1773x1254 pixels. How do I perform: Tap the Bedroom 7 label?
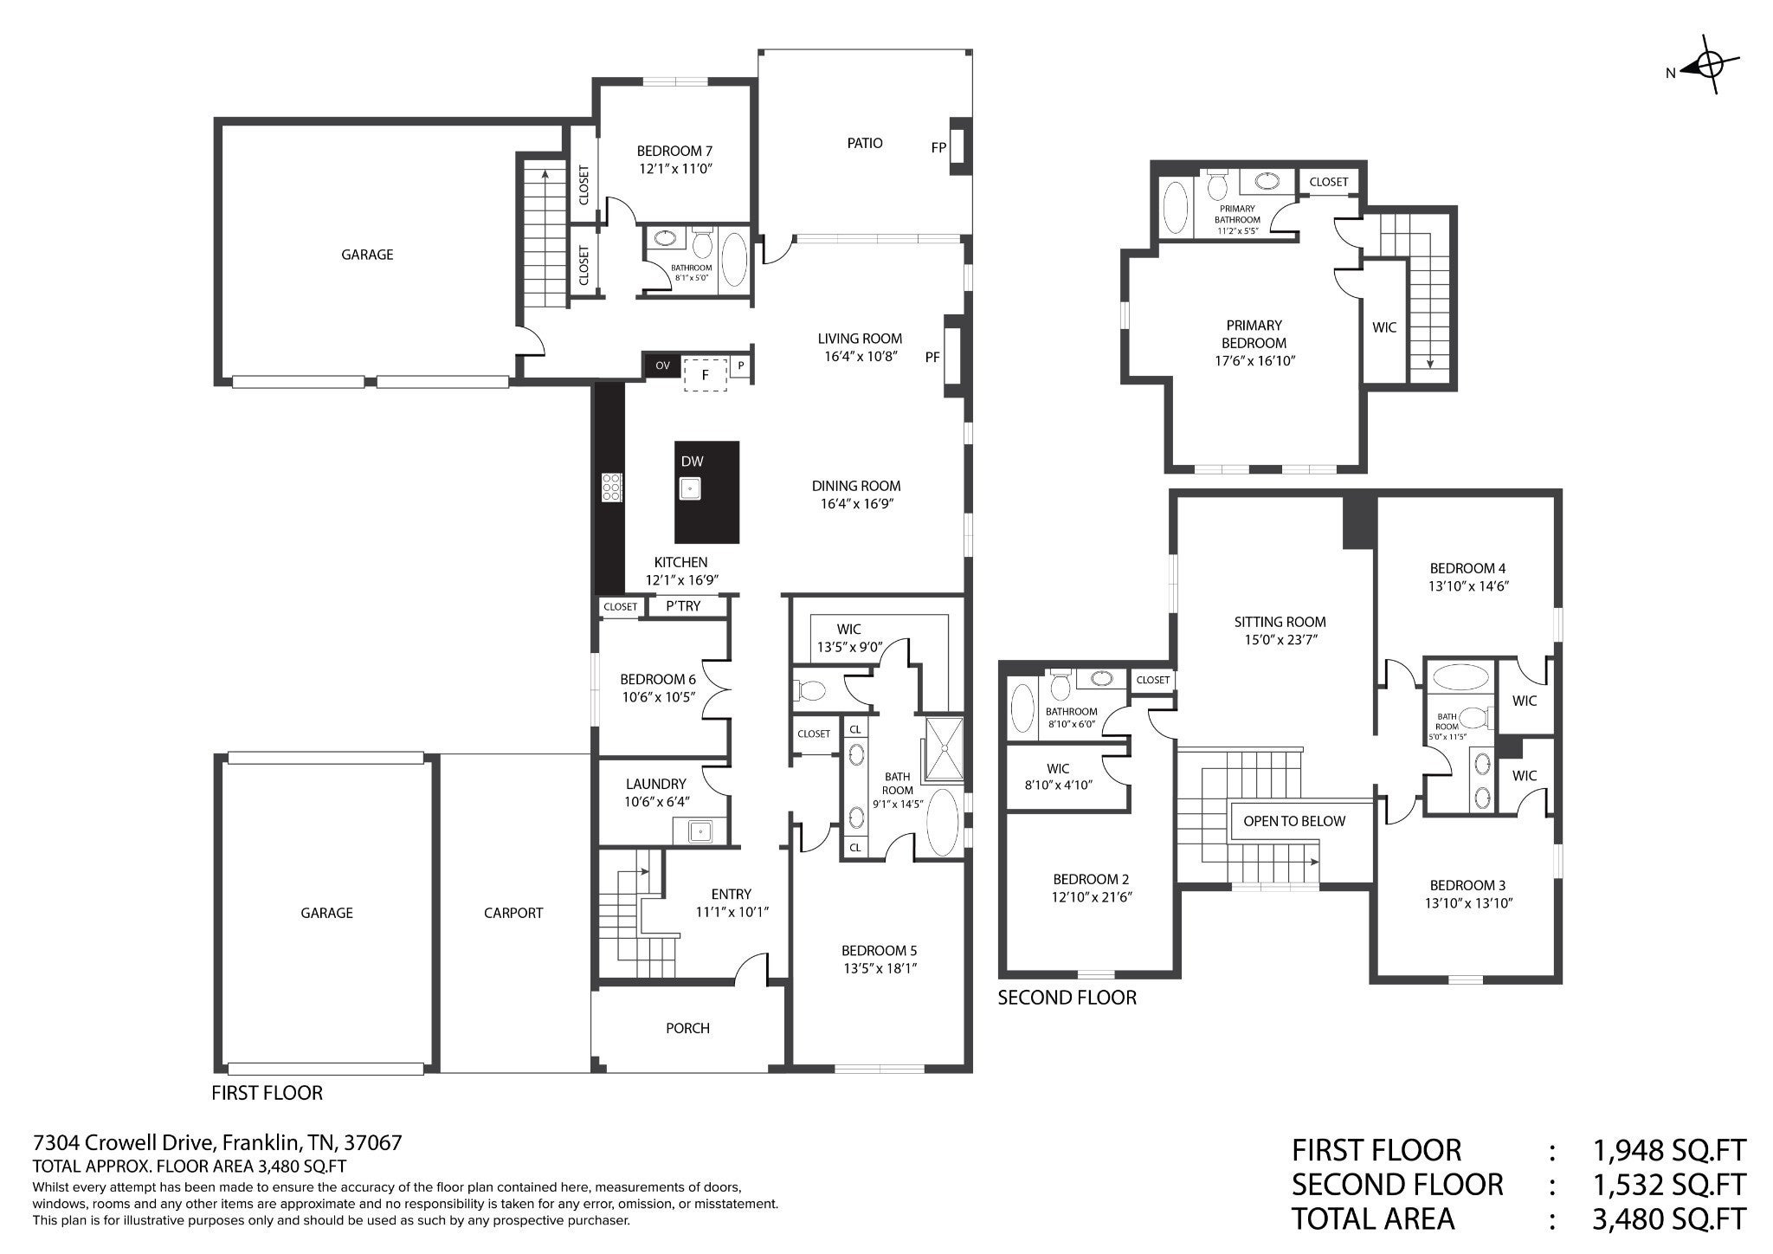pyautogui.click(x=674, y=151)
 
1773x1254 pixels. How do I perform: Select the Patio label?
pyautogui.click(x=865, y=143)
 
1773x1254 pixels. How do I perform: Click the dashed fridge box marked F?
pyautogui.click(x=706, y=374)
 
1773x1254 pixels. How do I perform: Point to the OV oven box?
pyautogui.click(x=662, y=365)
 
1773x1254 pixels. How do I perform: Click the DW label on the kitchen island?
pyautogui.click(x=692, y=462)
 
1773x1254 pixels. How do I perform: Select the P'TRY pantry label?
pyautogui.click(x=683, y=606)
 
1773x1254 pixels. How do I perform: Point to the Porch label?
pyautogui.click(x=687, y=1028)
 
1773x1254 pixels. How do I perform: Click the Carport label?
pyautogui.click(x=513, y=913)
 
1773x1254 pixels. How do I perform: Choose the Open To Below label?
pyautogui.click(x=1294, y=821)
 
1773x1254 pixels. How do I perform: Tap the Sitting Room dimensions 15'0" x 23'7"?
pyautogui.click(x=1280, y=640)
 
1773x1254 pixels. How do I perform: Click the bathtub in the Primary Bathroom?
pyautogui.click(x=1175, y=208)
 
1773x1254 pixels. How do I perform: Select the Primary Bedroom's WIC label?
pyautogui.click(x=1384, y=328)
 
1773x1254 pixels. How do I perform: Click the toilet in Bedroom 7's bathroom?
pyautogui.click(x=701, y=244)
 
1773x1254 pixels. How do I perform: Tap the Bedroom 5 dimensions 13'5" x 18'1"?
pyautogui.click(x=879, y=968)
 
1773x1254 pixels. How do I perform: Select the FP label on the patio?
pyautogui.click(x=938, y=148)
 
